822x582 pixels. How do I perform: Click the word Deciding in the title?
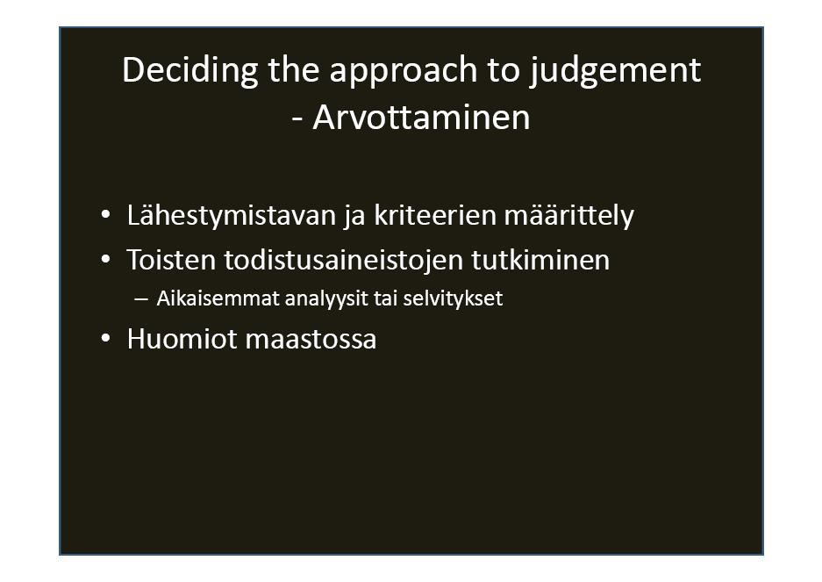[x=189, y=71]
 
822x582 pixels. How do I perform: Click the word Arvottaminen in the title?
[x=421, y=117]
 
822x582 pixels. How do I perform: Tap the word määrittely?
[x=568, y=216]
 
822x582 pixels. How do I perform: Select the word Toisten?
[x=171, y=260]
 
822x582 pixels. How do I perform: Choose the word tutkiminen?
[x=540, y=260]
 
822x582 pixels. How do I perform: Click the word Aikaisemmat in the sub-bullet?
[x=218, y=298]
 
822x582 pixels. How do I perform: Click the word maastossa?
[x=311, y=340]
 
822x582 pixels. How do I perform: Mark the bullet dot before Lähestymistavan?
[x=105, y=215]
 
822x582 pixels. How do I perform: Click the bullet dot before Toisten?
[x=105, y=259]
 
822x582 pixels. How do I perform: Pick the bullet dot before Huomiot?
[x=105, y=339]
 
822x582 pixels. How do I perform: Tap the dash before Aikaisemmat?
[x=141, y=299]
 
